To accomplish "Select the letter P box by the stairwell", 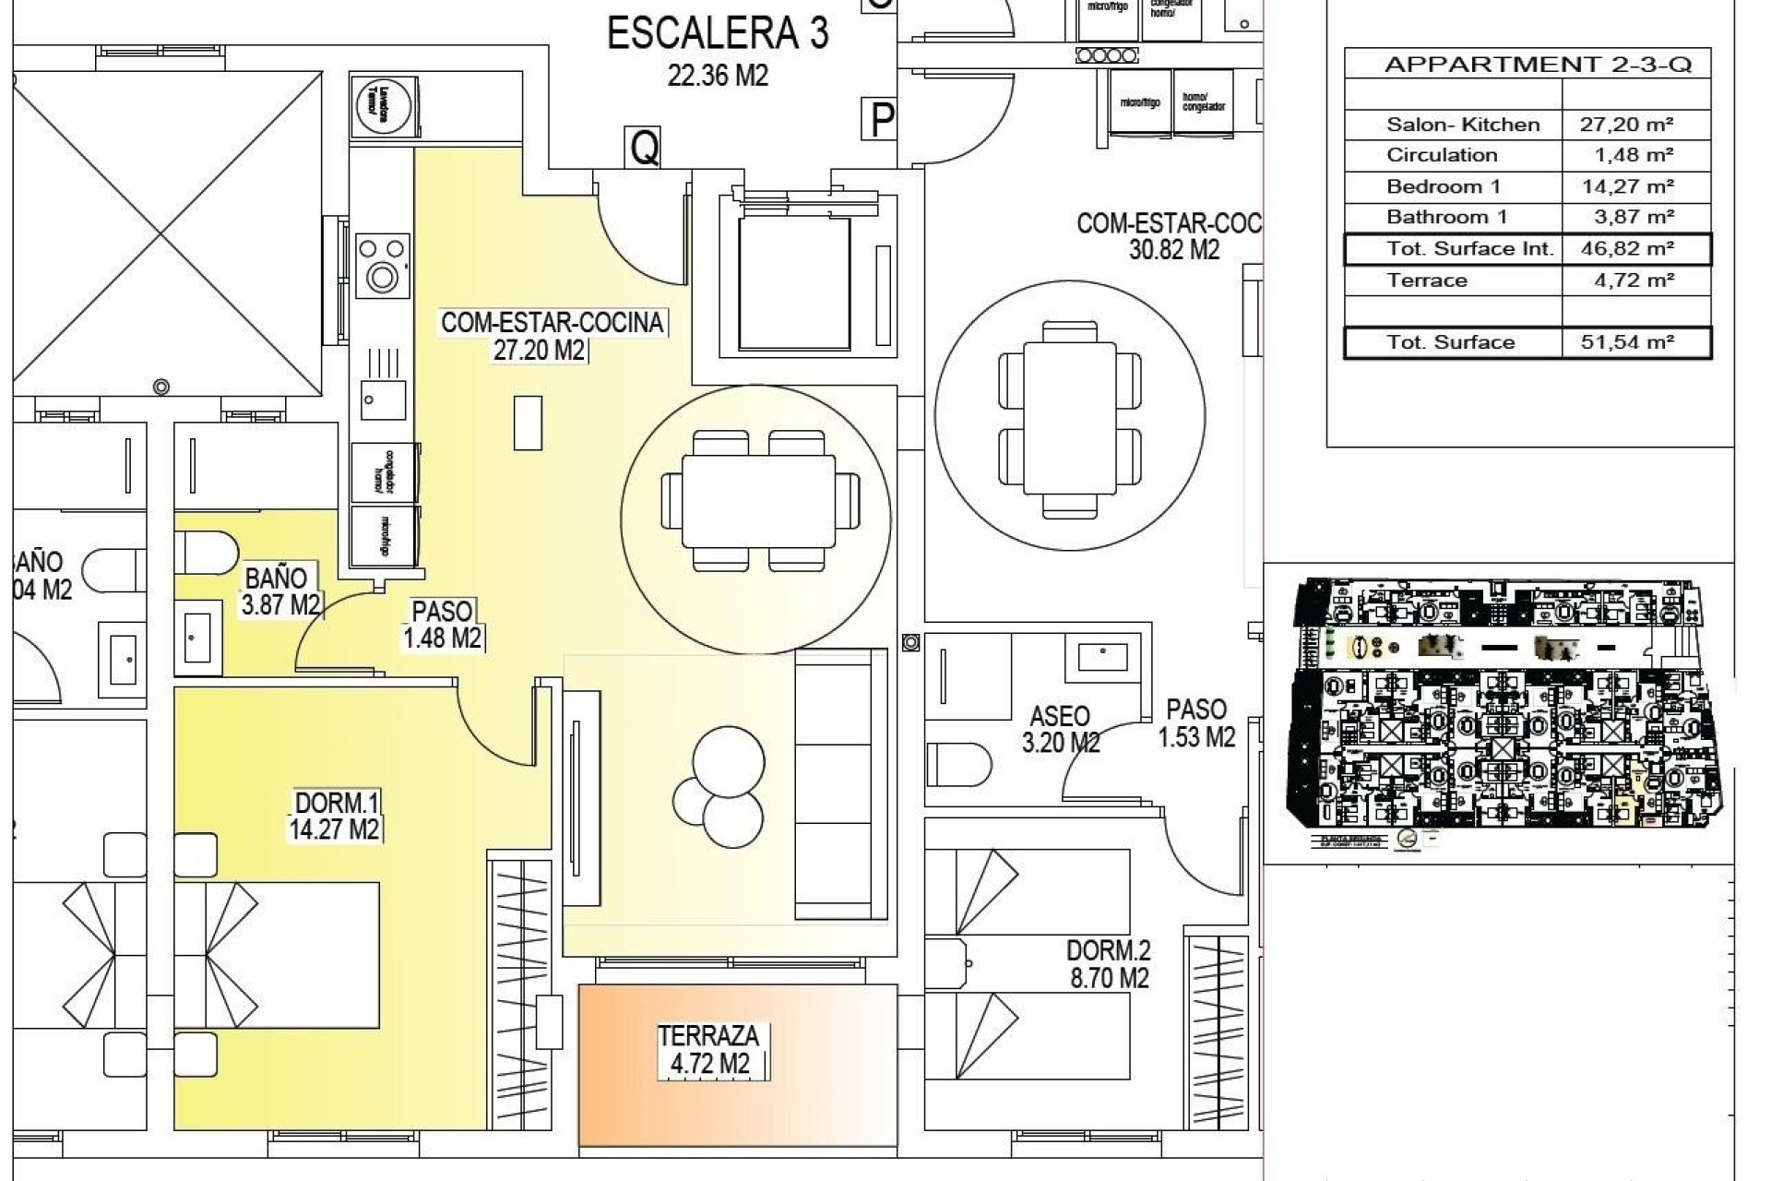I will pyautogui.click(x=883, y=119).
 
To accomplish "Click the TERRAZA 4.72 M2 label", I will pyautogui.click(x=708, y=1051).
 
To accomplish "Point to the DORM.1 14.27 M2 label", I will pyautogui.click(x=335, y=816).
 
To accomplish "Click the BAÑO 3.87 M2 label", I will pyautogui.click(x=279, y=591).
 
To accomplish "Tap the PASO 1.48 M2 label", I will pyautogui.click(x=443, y=625).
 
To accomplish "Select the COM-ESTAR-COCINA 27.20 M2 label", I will pyautogui.click(x=552, y=336).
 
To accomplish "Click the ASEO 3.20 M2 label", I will pyautogui.click(x=1061, y=729).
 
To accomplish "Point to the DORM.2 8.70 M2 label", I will pyautogui.click(x=1108, y=964).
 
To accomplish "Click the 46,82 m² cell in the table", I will pyautogui.click(x=1634, y=249).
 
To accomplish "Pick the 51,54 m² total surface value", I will pyautogui.click(x=1634, y=342).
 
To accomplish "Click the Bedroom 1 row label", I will pyautogui.click(x=1443, y=186).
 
